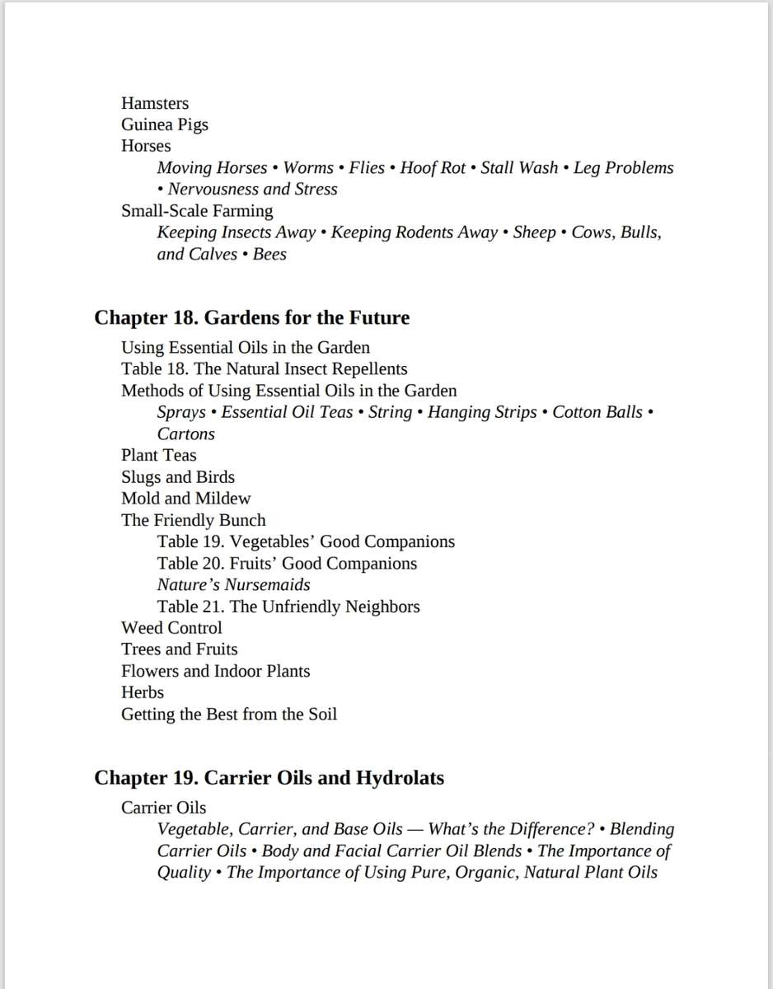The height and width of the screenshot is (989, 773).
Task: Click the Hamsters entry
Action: click(x=155, y=103)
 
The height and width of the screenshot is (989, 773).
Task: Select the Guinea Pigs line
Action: click(x=165, y=124)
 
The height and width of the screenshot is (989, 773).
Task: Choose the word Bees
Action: click(x=269, y=254)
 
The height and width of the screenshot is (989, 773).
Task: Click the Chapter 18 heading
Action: click(x=251, y=317)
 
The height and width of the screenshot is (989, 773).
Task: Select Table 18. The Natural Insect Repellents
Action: click(x=264, y=368)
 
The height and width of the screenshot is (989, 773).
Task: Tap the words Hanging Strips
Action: click(x=482, y=412)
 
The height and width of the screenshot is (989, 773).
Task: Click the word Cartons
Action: click(x=185, y=434)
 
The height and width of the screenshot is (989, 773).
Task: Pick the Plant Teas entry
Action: click(x=159, y=455)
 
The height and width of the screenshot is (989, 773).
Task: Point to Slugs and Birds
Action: click(x=178, y=476)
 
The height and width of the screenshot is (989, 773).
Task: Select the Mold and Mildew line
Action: click(x=185, y=498)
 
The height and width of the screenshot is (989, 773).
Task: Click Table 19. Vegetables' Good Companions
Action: click(x=306, y=541)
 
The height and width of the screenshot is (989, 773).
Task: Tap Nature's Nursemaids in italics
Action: click(x=234, y=584)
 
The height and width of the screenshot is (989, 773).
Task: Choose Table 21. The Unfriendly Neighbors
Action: click(x=288, y=607)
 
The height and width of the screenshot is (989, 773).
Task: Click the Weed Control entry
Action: click(x=171, y=627)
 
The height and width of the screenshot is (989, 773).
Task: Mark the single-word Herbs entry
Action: click(x=143, y=692)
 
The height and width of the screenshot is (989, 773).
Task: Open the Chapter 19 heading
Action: click(x=269, y=777)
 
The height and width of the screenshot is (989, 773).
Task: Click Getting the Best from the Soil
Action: click(x=229, y=714)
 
